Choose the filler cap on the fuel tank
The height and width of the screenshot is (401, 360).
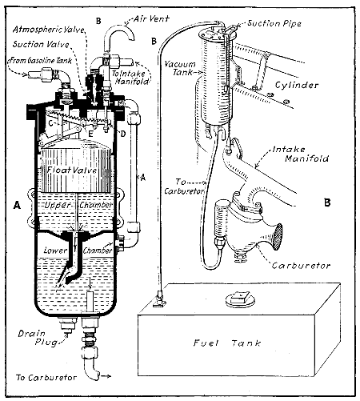click(281, 300)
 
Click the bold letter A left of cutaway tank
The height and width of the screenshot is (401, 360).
click(17, 206)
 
